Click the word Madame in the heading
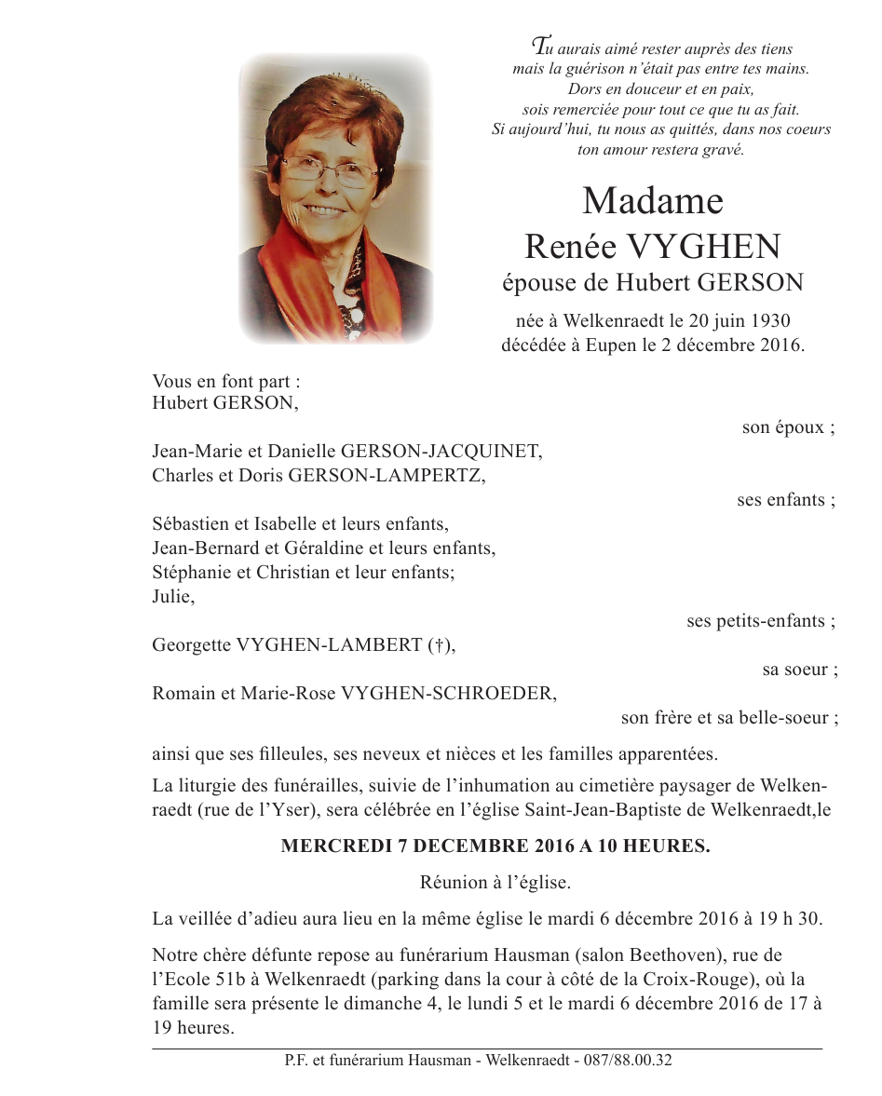tap(652, 201)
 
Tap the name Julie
tap(171, 597)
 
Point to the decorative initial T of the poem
tap(539, 44)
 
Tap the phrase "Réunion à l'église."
tap(495, 883)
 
